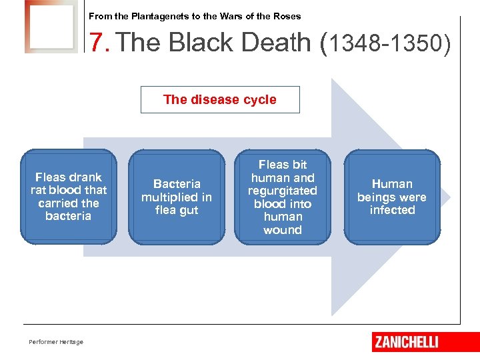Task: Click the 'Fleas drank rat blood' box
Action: [69, 197]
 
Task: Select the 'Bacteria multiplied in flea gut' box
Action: [177, 197]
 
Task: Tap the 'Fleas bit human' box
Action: [283, 197]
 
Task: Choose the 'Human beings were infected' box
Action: [392, 197]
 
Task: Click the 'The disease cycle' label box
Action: [220, 100]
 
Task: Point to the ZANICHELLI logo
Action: [407, 342]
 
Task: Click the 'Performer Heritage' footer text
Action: [56, 342]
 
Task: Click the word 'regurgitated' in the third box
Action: [283, 191]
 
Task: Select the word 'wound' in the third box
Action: [283, 230]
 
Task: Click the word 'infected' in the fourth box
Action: [392, 210]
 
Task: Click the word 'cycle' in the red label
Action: [259, 100]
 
